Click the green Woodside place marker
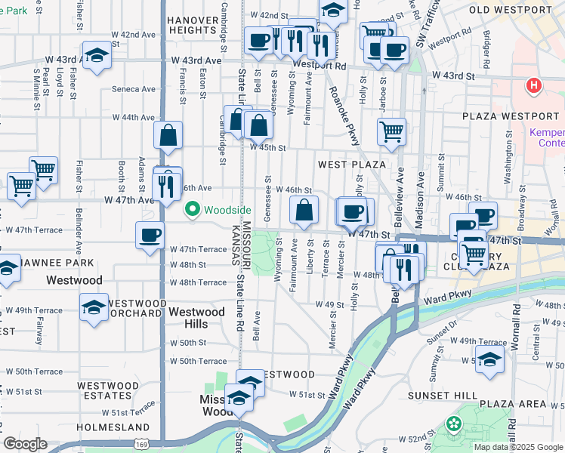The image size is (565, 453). pos(192,209)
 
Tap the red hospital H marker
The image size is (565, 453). pos(534,86)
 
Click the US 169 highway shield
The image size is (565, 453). pos(139,428)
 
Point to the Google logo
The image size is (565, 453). pos(25,444)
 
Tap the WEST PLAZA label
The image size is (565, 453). pos(352,164)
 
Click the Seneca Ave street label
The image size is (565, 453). pos(133,89)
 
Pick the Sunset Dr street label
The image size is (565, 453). pos(441,334)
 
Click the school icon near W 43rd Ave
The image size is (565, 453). pos(97,56)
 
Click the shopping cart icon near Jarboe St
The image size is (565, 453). pos(391,131)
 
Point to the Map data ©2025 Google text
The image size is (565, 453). pos(518,446)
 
